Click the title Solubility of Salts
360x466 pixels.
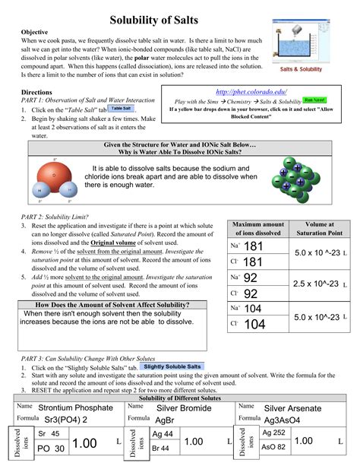click(x=179, y=17)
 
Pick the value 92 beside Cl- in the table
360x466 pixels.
click(x=251, y=293)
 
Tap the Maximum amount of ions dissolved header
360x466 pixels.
click(x=257, y=229)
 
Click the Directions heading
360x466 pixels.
click(x=36, y=91)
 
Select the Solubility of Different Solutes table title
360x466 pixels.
click(x=179, y=398)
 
